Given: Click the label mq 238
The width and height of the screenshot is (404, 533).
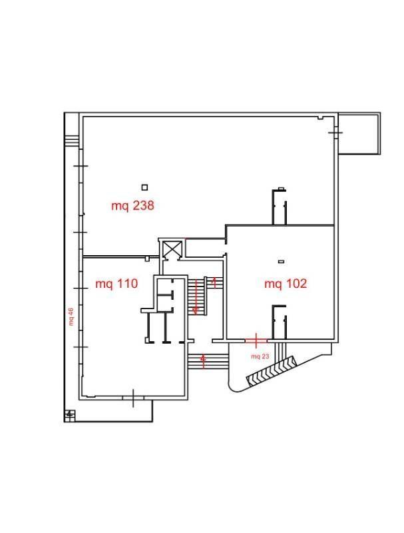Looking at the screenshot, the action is pos(132,206).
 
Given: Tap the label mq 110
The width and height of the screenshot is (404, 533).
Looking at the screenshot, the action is pos(116,284).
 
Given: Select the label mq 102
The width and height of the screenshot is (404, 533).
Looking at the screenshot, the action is pos(286,284).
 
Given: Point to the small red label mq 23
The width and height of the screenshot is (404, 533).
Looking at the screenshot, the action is pos(260,356).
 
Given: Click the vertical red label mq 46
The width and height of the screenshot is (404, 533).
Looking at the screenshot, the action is pos(71,316).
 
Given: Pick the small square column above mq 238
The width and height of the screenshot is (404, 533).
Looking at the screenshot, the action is pos(144,187).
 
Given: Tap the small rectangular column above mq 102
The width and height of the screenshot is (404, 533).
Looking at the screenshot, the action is pos(281,261).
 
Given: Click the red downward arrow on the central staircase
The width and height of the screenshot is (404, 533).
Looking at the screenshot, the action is pos(196,296).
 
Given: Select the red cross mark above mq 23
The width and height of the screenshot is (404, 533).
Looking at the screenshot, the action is pos(256,340).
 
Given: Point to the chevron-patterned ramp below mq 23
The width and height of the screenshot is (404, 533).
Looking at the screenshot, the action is pos(272,371).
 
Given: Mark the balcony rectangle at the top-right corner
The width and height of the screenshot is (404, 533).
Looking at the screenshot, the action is pos(359,134).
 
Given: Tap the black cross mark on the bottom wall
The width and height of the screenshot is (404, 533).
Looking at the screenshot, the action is pos(133,398).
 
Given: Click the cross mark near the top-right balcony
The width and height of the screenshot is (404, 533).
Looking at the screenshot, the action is pos(335,132).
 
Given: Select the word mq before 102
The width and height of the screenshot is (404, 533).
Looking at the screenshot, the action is pos(272,284).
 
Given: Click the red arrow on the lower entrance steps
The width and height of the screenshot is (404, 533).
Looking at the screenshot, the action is pos(203,361).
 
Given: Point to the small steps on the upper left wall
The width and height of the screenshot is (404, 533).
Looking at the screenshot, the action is pos(72,141).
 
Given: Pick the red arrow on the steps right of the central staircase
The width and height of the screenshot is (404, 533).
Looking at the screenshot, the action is pos(214,282).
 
